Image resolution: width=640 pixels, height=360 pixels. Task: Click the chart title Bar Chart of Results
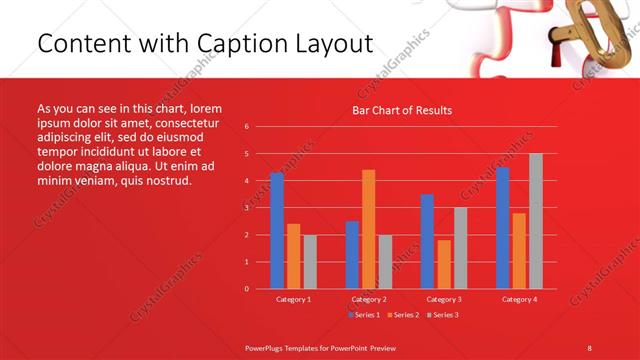coord(401,110)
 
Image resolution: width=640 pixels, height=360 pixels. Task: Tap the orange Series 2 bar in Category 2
coord(368,229)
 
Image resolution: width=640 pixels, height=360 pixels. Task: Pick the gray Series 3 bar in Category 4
coord(535,221)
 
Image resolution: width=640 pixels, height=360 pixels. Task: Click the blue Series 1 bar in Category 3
coord(427,241)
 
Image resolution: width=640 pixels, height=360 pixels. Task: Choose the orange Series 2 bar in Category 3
coord(443,264)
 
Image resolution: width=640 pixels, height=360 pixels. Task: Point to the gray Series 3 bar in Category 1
coord(310,261)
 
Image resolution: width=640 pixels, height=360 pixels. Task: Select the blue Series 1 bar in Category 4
coord(502,228)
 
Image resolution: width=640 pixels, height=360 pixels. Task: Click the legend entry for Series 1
coord(366,315)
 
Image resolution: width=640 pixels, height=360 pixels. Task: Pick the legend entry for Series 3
coord(445,315)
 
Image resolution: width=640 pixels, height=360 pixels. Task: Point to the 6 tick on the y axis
coord(247,127)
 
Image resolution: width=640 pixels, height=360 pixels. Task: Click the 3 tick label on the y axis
coord(247,208)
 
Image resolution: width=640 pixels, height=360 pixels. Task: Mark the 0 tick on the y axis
coord(247,289)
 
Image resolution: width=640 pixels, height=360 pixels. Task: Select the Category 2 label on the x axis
coord(368,299)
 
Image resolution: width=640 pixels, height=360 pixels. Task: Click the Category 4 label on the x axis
coord(518,299)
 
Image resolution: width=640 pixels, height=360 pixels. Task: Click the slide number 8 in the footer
coord(589,347)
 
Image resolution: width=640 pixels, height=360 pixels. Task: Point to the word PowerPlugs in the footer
coord(268,347)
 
